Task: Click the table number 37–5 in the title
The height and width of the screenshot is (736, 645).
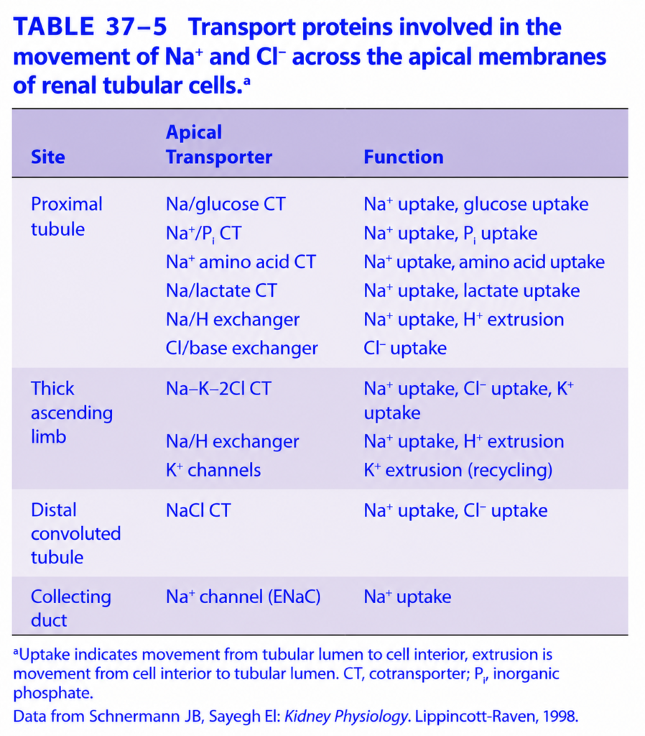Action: coord(136,27)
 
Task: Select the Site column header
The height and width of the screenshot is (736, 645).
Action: coord(48,157)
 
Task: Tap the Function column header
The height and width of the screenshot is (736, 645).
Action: coord(404,157)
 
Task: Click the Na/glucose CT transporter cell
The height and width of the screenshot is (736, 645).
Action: coord(226,205)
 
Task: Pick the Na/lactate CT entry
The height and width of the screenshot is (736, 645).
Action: coord(221,291)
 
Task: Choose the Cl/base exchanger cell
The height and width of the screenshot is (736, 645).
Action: coord(241,349)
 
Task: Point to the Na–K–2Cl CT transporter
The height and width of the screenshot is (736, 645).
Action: coord(218,389)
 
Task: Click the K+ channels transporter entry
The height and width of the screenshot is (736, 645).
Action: coord(213,470)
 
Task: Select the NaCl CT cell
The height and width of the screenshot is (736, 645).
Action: coord(198,510)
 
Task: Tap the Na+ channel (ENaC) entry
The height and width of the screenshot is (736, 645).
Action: coord(243,597)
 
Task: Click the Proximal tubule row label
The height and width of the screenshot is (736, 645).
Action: coord(67,217)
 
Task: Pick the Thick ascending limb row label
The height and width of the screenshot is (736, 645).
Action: coord(72,413)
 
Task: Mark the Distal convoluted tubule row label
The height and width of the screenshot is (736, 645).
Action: coord(76,534)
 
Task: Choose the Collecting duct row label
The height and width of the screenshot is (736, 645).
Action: coord(71,609)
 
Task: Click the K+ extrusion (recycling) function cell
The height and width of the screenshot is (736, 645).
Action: coord(458,470)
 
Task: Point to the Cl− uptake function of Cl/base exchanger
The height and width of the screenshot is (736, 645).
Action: coord(405,349)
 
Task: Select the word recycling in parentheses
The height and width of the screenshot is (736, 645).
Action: coord(511,470)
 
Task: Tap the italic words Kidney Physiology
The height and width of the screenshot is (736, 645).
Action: coord(346,717)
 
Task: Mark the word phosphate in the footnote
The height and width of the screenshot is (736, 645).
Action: coord(53,694)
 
